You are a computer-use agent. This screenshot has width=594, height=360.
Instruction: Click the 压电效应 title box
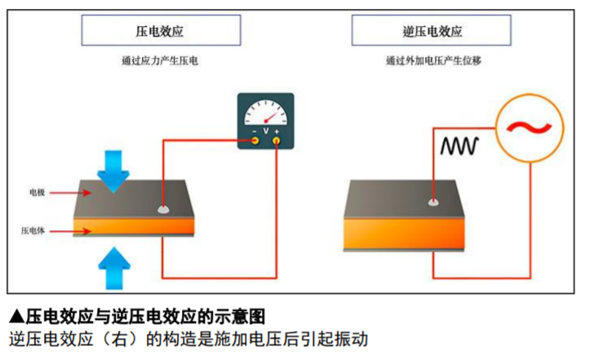coord(161,31)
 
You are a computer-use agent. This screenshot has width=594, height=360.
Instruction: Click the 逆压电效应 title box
coord(432,31)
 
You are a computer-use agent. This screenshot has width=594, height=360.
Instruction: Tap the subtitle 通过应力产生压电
coord(161,61)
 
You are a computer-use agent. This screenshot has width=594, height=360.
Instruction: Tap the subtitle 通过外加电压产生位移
coord(432,61)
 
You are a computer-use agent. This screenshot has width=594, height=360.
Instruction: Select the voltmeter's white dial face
coord(265,113)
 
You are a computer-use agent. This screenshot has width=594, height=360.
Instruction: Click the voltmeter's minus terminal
coord(255,140)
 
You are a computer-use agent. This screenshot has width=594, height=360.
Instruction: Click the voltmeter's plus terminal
coord(277,140)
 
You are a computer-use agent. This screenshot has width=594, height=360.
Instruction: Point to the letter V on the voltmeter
coord(266,131)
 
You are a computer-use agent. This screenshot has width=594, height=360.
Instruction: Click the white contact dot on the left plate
coord(163,209)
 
